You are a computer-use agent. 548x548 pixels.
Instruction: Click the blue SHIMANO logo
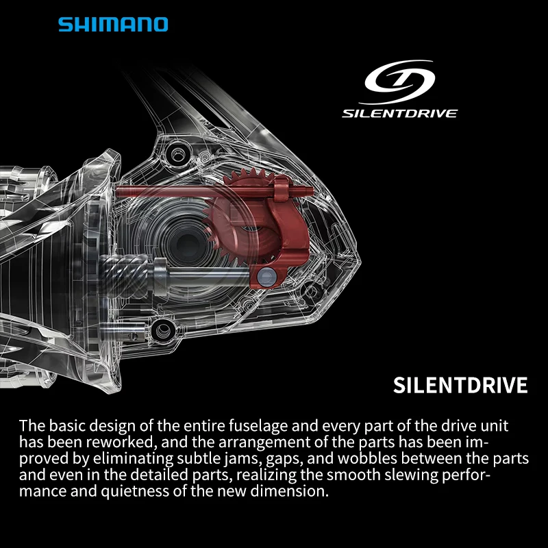pyautogui.click(x=112, y=25)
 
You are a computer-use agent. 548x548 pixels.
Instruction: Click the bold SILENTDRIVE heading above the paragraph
pyautogui.click(x=460, y=385)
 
